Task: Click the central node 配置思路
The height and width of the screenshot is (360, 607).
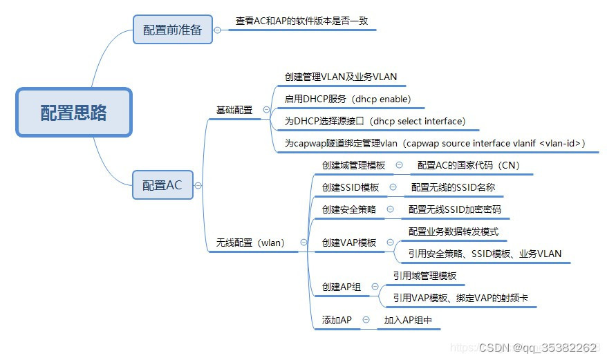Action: click(x=73, y=112)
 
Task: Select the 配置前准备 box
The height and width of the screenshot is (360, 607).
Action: click(x=172, y=30)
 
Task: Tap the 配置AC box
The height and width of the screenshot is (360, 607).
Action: click(x=162, y=184)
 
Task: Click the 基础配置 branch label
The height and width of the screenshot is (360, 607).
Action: click(x=234, y=110)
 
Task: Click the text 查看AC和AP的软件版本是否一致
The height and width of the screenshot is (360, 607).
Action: click(x=301, y=21)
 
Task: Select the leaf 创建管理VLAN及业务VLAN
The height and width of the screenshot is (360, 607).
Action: click(x=341, y=77)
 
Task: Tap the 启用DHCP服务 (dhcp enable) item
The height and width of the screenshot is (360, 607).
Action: click(x=347, y=99)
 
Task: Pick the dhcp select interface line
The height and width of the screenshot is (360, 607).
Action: click(x=375, y=121)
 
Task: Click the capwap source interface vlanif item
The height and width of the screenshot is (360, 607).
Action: click(x=435, y=143)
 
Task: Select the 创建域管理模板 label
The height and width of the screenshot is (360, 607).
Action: click(x=353, y=165)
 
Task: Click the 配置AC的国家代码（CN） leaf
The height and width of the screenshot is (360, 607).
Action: click(x=468, y=165)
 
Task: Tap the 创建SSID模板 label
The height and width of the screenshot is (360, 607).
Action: click(x=351, y=187)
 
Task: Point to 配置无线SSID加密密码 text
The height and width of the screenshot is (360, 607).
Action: click(x=454, y=209)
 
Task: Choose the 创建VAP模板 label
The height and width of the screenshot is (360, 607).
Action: click(x=349, y=243)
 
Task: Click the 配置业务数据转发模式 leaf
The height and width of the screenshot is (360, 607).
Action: click(x=453, y=231)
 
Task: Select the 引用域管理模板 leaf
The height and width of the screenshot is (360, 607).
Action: click(x=424, y=276)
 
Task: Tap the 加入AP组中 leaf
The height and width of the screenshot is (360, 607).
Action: click(x=408, y=320)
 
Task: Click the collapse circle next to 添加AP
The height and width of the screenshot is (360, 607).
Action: click(x=366, y=320)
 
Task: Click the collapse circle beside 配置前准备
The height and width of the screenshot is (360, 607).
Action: click(x=218, y=30)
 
